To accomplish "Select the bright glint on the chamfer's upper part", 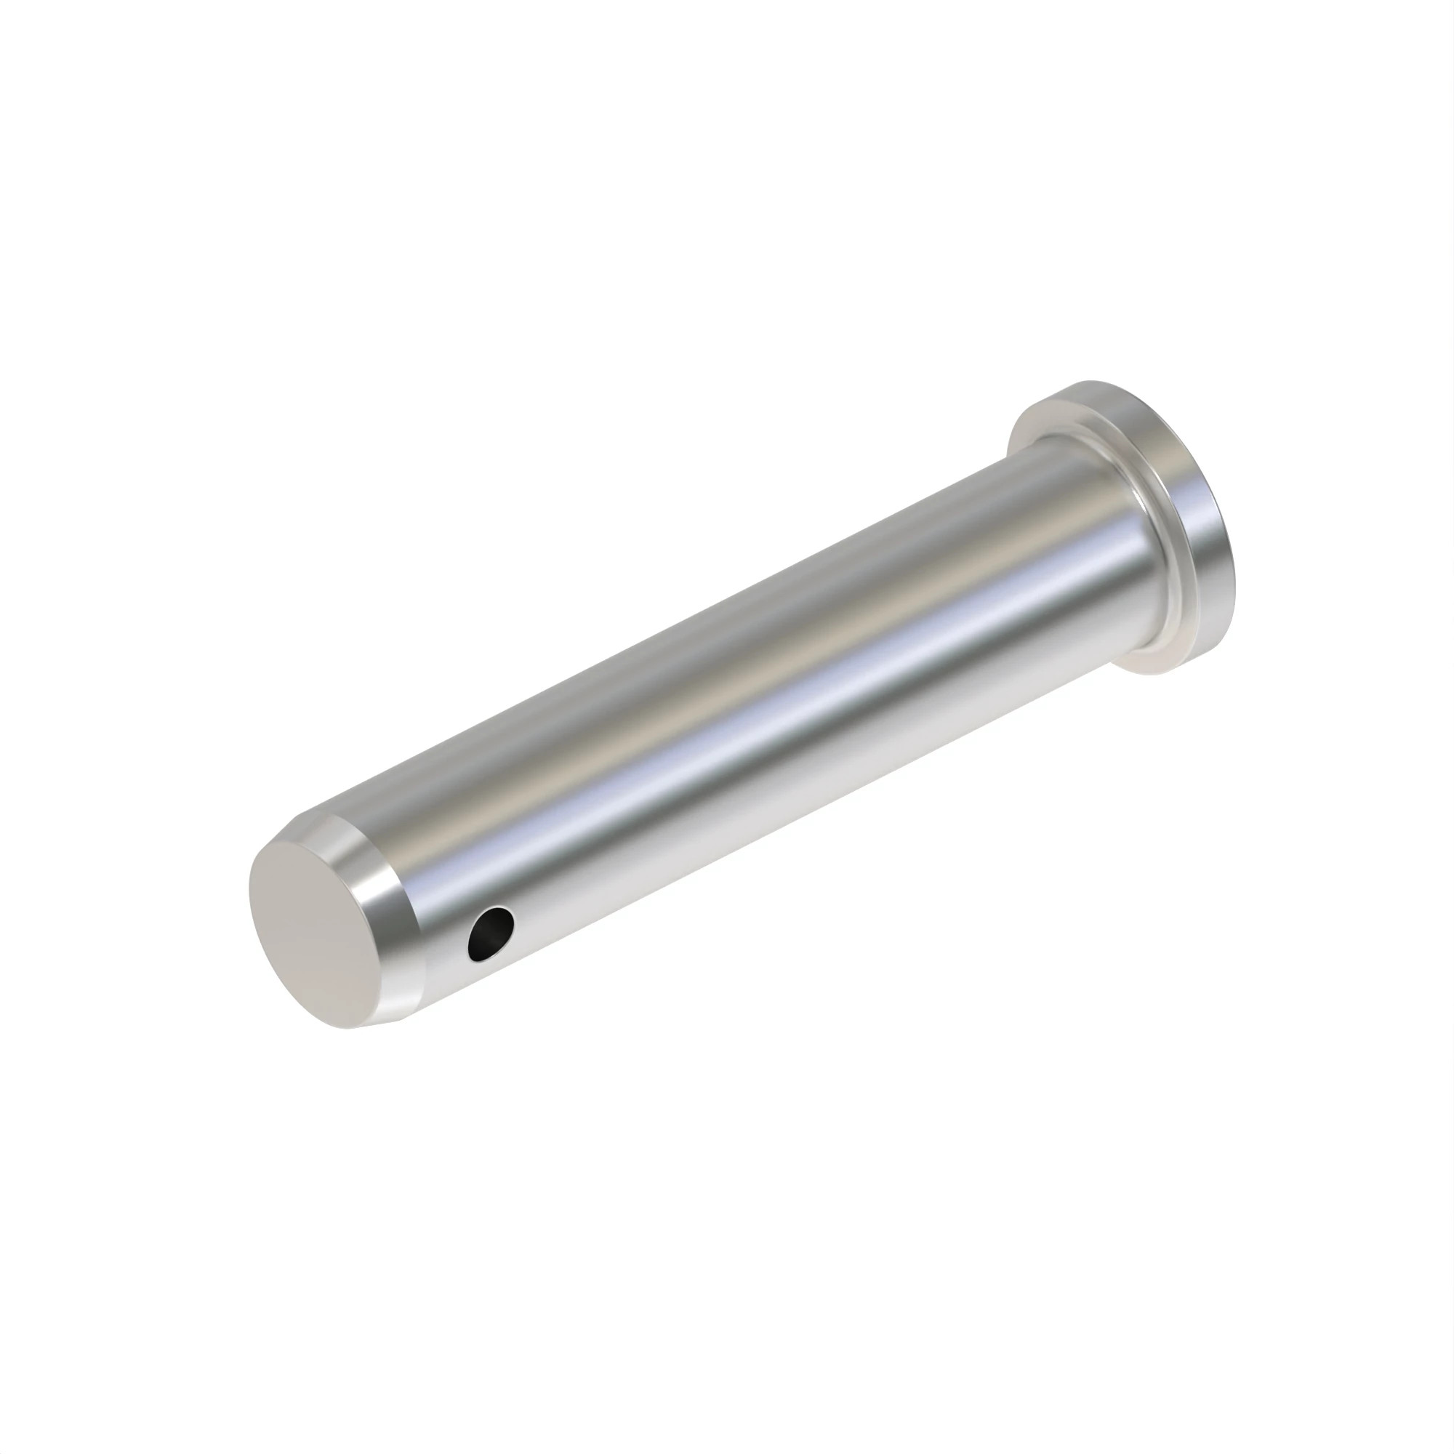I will [354, 839].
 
